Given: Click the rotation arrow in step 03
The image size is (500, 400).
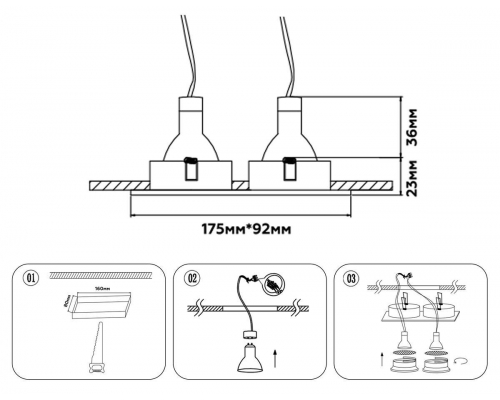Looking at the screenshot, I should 461,357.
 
